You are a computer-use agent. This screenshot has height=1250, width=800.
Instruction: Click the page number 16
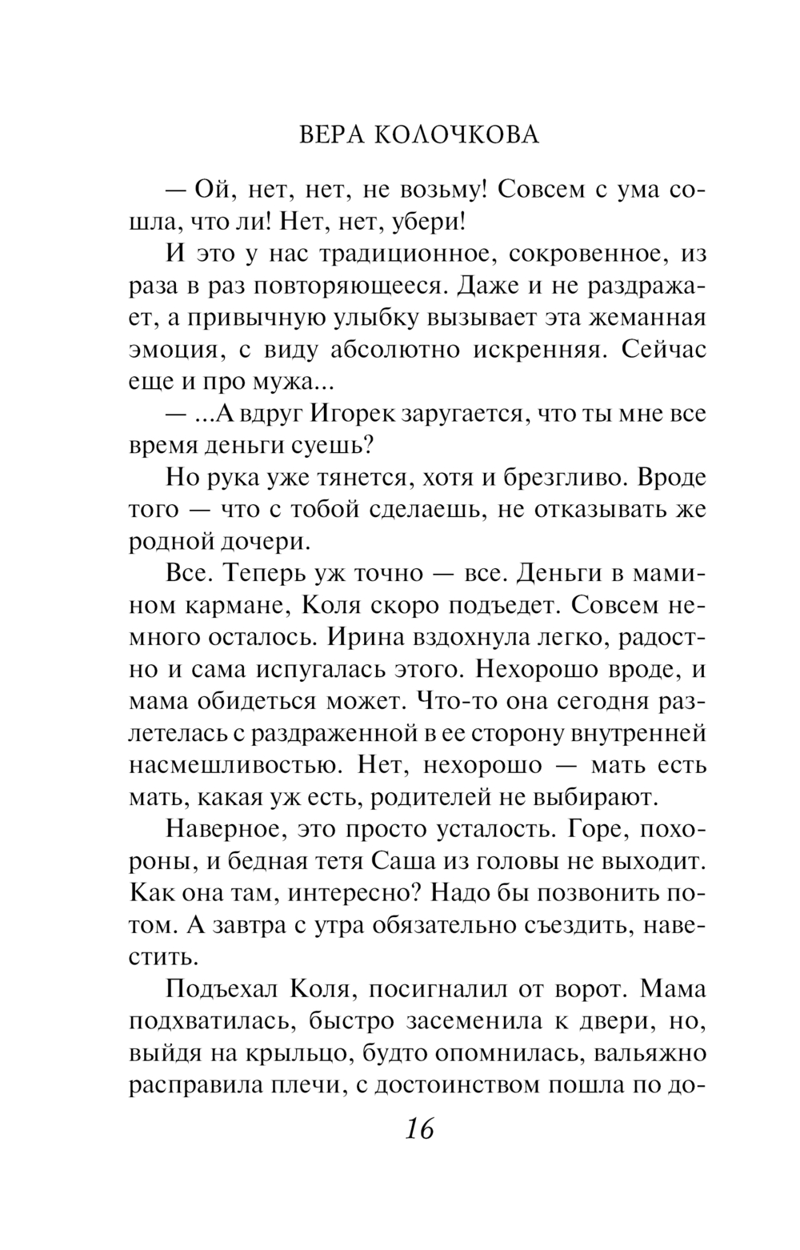coord(418,1130)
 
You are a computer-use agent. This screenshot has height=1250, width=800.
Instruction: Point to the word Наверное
coord(222,829)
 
